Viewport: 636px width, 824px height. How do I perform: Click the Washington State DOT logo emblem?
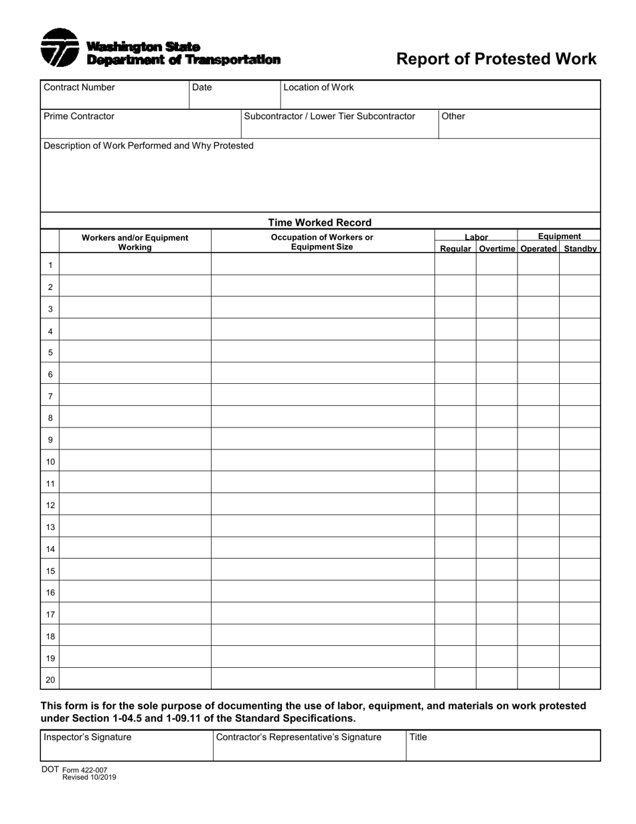60,48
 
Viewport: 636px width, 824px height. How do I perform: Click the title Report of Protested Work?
496,59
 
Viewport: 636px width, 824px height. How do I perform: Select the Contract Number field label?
79,87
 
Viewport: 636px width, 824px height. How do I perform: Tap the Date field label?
202,87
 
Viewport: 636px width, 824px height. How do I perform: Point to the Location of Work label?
319,87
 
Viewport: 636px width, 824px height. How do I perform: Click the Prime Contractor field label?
79,116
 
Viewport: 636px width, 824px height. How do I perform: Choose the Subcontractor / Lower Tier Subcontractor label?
329,116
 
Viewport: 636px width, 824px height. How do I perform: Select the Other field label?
453,116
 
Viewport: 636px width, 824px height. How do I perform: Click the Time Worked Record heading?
320,222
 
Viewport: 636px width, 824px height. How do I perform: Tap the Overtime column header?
497,249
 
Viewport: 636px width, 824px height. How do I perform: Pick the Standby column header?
580,249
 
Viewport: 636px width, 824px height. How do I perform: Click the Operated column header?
538,249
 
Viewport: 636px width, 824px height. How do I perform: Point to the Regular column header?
455,249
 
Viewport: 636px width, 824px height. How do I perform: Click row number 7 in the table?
50,397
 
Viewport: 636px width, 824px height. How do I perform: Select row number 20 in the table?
50,679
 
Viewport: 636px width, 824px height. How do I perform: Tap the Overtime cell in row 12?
497,505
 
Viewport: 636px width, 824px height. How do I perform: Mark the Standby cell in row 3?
580,309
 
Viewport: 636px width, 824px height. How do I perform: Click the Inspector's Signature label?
88,737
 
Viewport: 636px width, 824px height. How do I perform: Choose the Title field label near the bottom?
418,737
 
